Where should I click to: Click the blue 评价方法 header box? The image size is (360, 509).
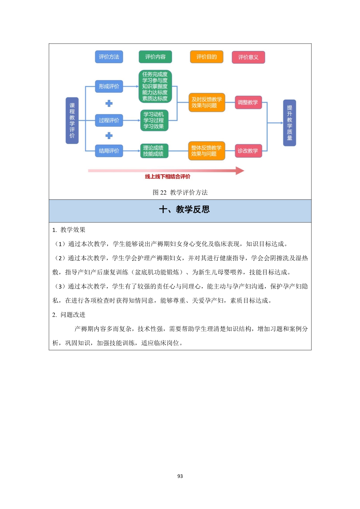tap(109, 57)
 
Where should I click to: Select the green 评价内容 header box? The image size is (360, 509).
tap(155, 57)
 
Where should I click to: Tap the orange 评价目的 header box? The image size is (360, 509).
tap(206, 57)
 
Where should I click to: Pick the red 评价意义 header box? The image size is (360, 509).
tap(248, 57)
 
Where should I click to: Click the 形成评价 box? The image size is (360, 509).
tap(109, 87)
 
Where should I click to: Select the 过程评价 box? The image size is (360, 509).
tap(109, 120)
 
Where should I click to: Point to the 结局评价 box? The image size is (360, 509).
tap(109, 151)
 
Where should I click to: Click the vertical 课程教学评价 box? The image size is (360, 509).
tap(72, 120)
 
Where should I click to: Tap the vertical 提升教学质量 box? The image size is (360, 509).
tap(289, 123)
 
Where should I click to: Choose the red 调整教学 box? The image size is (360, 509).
tap(248, 102)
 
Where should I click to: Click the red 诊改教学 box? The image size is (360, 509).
tap(248, 151)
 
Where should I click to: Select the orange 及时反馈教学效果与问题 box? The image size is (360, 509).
tap(206, 102)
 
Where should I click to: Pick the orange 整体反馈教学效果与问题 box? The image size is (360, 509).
tap(206, 151)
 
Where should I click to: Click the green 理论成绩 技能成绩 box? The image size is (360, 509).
tap(154, 151)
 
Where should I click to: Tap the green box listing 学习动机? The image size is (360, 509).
tap(154, 120)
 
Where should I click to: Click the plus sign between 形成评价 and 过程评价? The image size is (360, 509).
tap(109, 103)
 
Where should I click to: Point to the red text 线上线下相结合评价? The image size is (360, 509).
tap(168, 177)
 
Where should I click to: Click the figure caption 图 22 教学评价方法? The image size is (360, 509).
tap(180, 192)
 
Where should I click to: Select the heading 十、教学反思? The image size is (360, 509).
tap(184, 209)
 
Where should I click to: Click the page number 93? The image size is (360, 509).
tap(180, 476)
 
